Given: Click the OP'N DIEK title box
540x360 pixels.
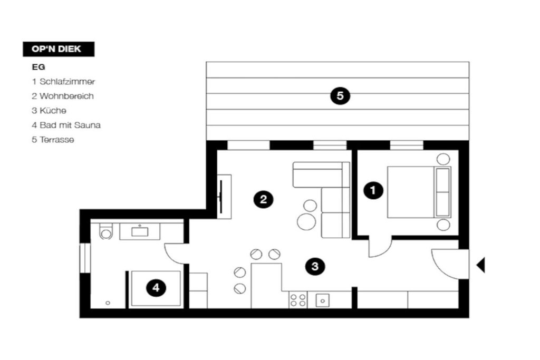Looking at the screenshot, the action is click(x=59, y=49).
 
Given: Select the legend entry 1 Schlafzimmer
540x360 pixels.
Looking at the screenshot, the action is click(x=63, y=82).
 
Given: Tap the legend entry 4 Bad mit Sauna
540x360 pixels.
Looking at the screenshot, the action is click(x=66, y=125).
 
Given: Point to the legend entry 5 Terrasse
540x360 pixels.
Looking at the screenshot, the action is click(x=53, y=139).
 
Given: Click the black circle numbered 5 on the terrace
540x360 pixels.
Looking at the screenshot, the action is click(x=340, y=96).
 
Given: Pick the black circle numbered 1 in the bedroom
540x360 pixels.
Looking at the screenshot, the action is click(x=373, y=190).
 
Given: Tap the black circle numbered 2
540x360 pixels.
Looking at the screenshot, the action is click(x=264, y=199).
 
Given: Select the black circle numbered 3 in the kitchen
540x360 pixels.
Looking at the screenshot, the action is click(x=315, y=266).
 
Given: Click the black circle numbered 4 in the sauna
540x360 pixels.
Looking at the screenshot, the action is click(x=156, y=287).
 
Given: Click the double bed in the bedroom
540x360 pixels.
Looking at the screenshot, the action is click(x=419, y=192).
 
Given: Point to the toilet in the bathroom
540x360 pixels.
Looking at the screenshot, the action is click(x=105, y=231).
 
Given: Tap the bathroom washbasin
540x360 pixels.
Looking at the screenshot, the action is click(x=140, y=231).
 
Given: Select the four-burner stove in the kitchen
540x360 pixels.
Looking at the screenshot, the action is click(x=298, y=300).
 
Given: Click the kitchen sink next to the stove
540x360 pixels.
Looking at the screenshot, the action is click(x=323, y=300).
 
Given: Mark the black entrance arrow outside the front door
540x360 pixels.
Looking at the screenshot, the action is click(x=480, y=265).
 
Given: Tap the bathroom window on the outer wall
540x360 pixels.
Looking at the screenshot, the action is click(x=85, y=258).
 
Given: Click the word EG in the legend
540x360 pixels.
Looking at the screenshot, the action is click(x=38, y=67).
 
